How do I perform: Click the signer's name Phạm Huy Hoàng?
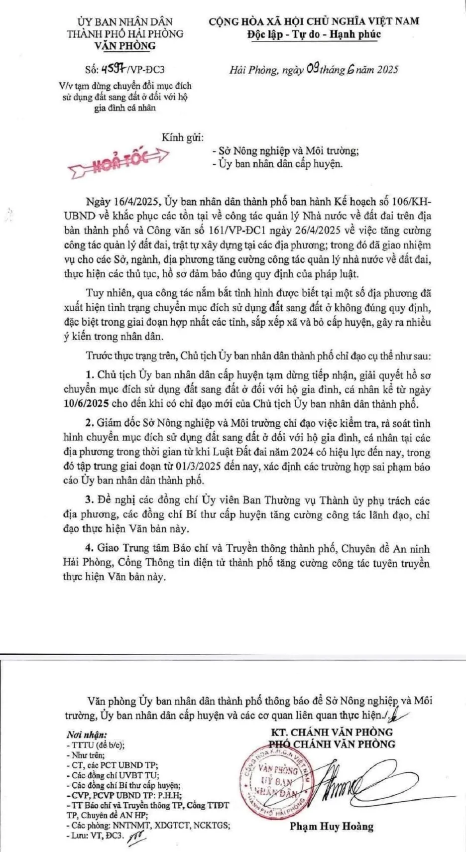coord(332,827)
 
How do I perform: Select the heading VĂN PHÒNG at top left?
coord(125,46)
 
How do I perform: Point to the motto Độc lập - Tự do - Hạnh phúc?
coord(314,34)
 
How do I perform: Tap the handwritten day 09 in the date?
coord(313,69)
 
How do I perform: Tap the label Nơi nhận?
coord(87,734)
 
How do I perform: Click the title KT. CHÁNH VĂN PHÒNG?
coord(332,732)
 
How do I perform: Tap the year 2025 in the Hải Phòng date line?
coord(387,70)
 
